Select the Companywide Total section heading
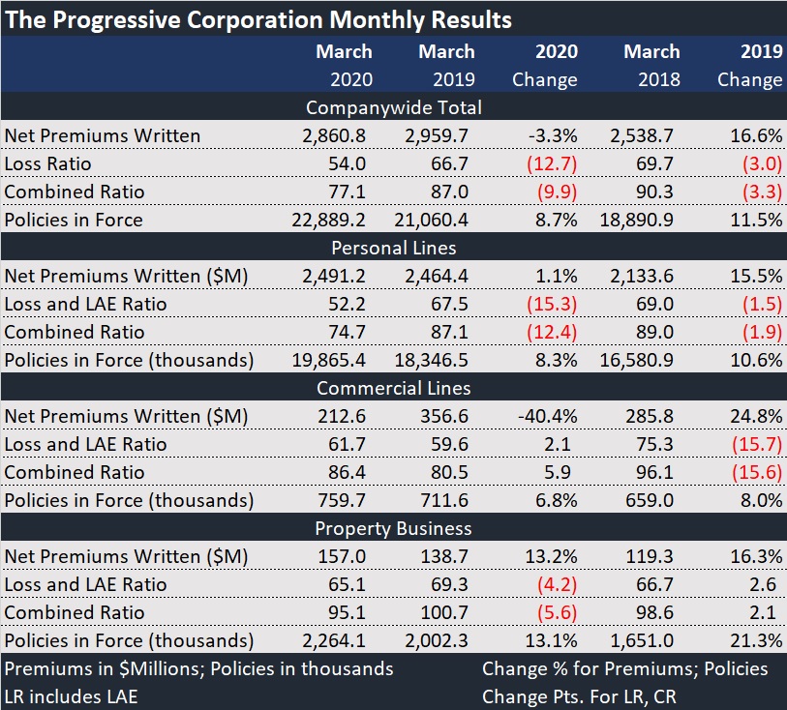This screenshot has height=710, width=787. point(393,107)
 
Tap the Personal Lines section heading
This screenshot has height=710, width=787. point(393,248)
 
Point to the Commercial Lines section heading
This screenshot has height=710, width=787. point(393,388)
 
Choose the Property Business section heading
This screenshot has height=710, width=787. point(393,528)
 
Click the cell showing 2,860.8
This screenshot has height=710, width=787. point(335,135)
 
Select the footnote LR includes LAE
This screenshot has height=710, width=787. point(72,695)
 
